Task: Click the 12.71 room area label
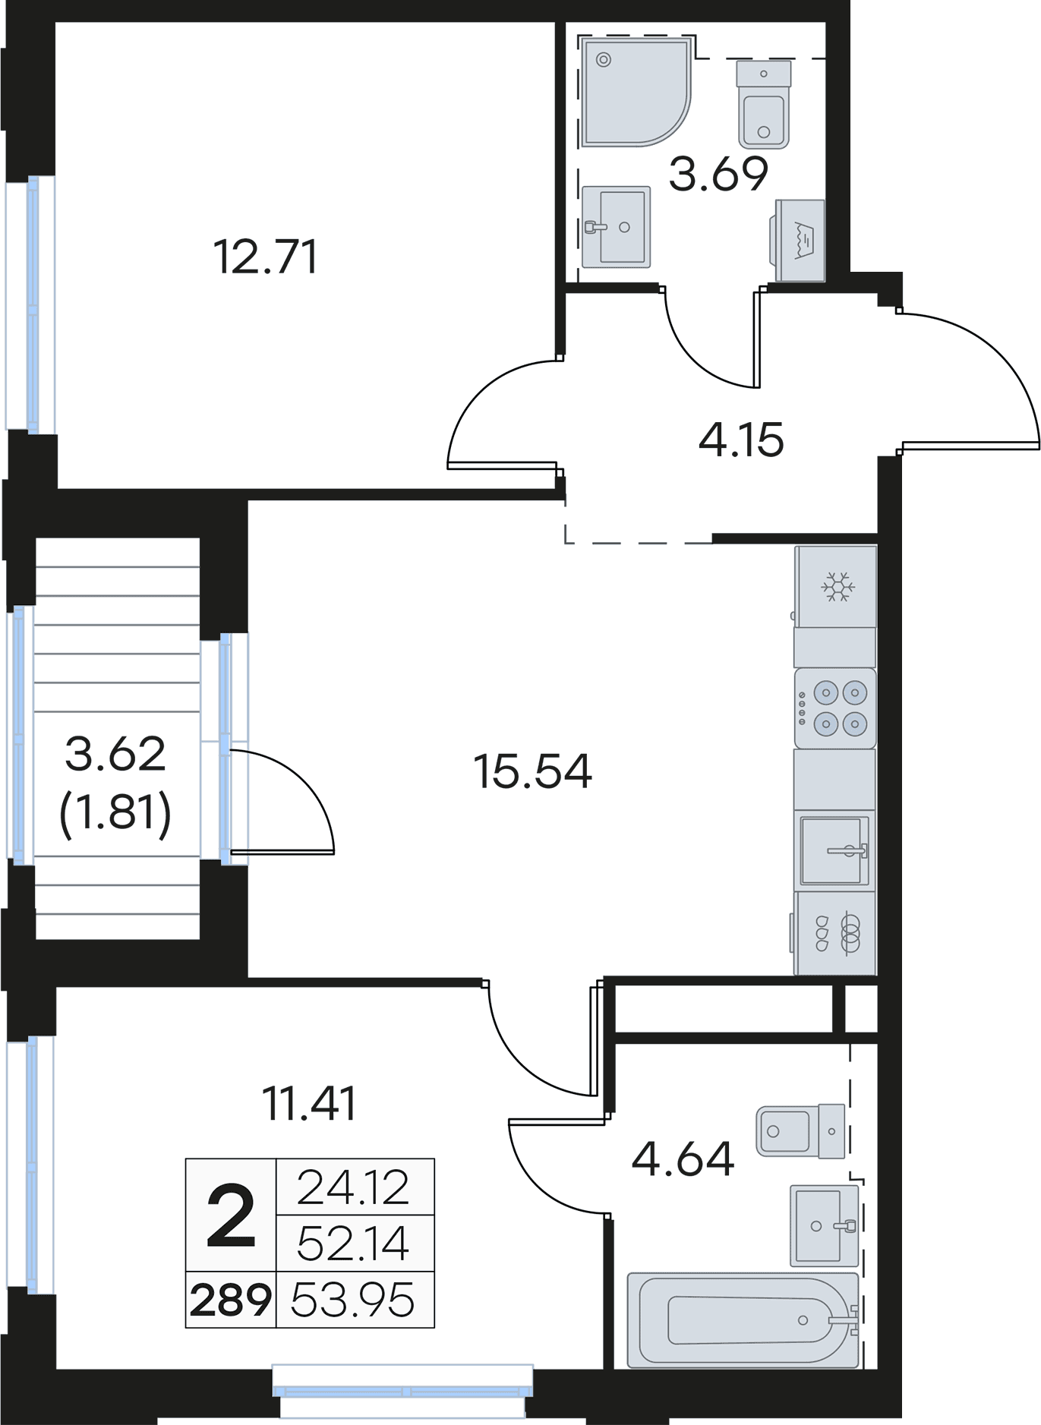[x=265, y=257]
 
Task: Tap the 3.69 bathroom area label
[x=718, y=174]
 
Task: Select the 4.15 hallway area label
[x=741, y=440]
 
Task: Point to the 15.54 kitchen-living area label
[x=532, y=771]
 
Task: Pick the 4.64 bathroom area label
[x=683, y=1159]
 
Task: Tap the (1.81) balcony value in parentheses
[x=115, y=813]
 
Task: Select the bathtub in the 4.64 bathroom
[x=743, y=1320]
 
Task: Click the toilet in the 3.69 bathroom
[x=764, y=105]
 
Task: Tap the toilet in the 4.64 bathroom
[x=801, y=1131]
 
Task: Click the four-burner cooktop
[x=835, y=708]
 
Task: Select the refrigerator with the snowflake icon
[x=836, y=586]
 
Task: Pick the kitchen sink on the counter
[x=834, y=850]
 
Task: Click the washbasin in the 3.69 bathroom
[x=617, y=227]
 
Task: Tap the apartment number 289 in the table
[x=231, y=1300]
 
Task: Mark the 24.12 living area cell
[x=353, y=1188]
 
